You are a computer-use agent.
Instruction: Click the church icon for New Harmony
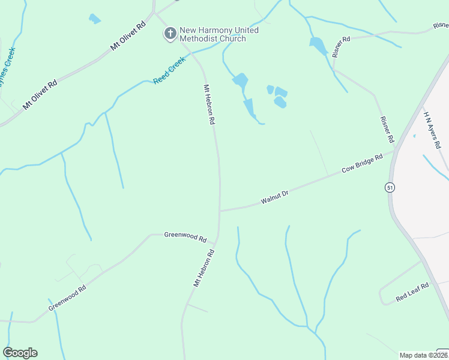click(170, 34)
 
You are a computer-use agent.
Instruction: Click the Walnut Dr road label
click(275, 197)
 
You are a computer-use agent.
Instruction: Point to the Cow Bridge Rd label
click(362, 164)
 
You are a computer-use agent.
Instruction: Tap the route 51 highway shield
click(390, 188)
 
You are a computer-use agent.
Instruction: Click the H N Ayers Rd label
click(432, 129)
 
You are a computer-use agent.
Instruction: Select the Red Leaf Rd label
click(412, 292)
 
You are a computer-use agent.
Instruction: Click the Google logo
click(20, 352)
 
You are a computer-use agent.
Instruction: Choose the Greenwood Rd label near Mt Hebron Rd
click(185, 235)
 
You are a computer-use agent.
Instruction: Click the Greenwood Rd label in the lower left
click(67, 298)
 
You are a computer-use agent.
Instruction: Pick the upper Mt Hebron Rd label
click(209, 104)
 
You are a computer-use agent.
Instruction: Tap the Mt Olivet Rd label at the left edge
click(40, 94)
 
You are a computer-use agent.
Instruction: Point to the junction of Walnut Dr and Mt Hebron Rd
click(220, 211)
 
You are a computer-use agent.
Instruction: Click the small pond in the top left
click(94, 19)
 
